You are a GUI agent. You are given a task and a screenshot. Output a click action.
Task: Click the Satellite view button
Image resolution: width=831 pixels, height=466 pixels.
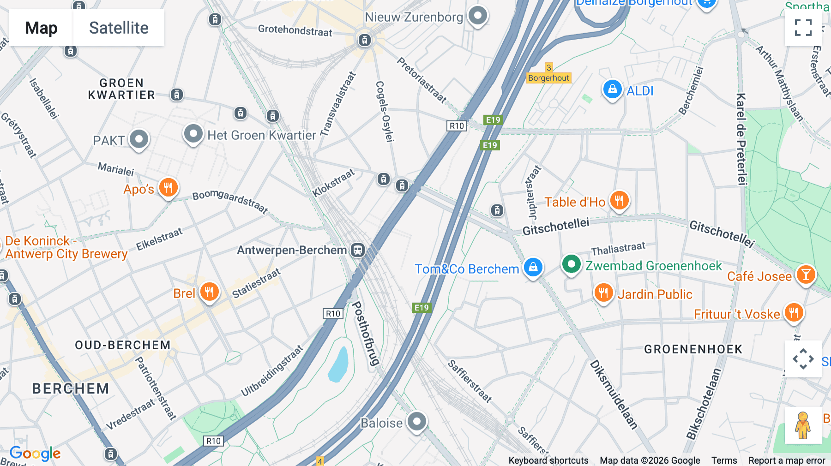[119, 28]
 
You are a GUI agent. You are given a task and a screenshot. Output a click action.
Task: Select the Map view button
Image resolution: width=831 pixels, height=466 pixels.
[41, 28]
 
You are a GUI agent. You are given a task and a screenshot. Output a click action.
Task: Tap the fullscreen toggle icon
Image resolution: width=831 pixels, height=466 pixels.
[803, 28]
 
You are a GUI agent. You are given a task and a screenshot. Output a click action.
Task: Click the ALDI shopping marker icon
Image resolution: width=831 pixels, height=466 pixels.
[612, 89]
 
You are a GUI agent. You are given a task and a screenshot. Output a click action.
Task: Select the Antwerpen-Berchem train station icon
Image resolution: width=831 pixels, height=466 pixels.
[358, 250]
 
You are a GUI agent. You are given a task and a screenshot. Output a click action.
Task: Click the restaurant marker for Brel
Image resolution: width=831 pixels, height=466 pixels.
[209, 292]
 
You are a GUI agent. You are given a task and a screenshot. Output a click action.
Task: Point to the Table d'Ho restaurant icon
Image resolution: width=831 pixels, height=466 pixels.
[619, 201]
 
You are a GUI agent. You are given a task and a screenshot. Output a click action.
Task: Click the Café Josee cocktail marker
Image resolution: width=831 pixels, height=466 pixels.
[806, 275]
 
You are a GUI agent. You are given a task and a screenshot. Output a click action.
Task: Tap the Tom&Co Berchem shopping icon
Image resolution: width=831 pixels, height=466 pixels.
[533, 268]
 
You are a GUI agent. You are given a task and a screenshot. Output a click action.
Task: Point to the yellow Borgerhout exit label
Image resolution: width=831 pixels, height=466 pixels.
[548, 78]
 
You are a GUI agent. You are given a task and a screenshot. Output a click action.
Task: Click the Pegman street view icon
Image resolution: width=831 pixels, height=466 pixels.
[802, 425]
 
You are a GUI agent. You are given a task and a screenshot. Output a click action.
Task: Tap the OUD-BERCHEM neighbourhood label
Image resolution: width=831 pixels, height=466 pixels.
[123, 345]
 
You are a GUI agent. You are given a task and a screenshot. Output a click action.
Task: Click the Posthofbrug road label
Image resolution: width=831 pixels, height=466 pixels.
[365, 334]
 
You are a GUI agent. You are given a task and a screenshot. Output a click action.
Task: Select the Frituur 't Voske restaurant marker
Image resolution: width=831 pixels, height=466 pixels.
[793, 313]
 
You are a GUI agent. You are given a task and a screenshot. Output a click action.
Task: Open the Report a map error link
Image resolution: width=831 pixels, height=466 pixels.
[786, 460]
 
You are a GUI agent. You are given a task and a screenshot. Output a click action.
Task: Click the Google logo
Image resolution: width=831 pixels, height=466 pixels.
[35, 454]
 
